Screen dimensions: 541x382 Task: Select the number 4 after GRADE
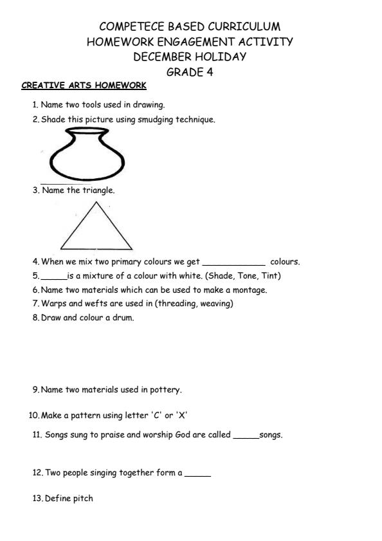coord(209,72)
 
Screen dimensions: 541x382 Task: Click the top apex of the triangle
coord(96,203)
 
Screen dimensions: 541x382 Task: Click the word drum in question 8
coord(123,317)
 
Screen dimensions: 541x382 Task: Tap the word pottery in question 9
coord(166,389)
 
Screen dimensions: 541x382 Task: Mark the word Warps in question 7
coord(53,303)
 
